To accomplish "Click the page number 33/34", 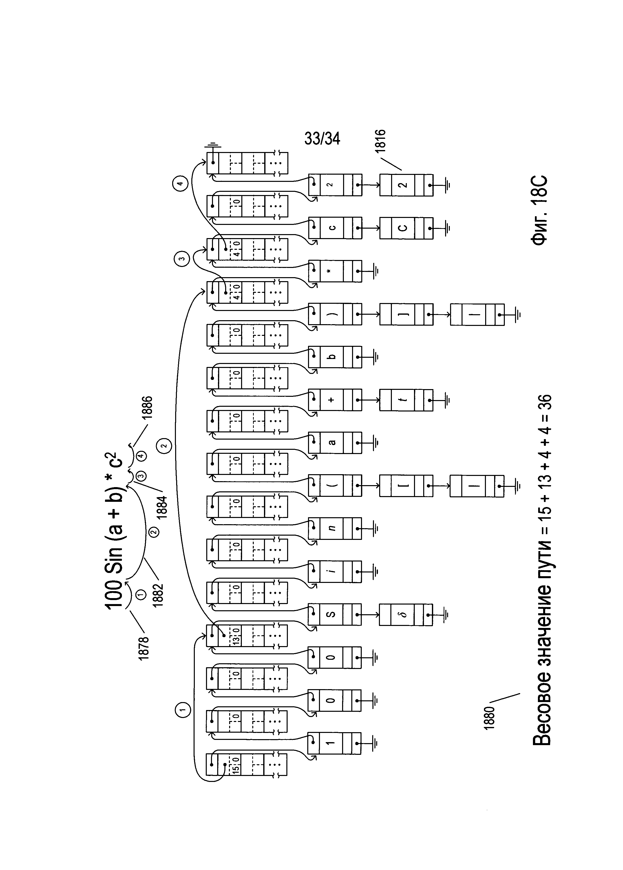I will click(322, 139).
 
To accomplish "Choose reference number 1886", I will click(147, 407).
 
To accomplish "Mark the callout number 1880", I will click(489, 718).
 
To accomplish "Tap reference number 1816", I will click(381, 142).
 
